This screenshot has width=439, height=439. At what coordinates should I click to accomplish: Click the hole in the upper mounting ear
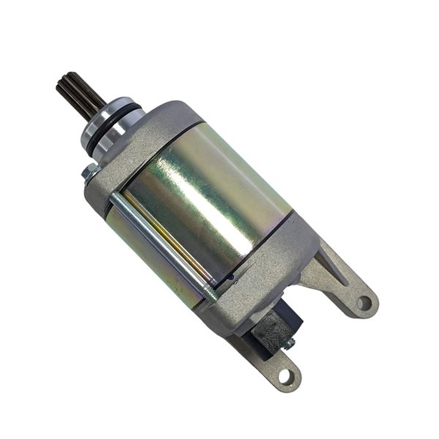pyautogui.click(x=364, y=302)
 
